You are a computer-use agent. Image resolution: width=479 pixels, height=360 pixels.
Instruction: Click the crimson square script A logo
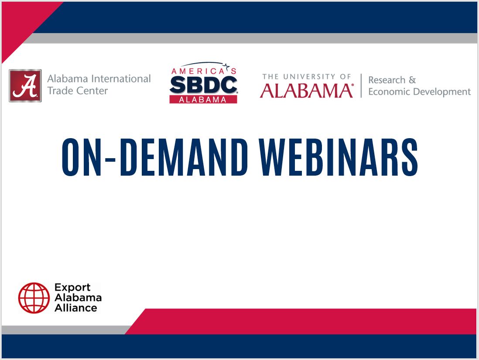[25, 85]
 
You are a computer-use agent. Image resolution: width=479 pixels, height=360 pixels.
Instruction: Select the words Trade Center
[77, 91]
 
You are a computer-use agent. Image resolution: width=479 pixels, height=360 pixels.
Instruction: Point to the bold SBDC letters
[203, 85]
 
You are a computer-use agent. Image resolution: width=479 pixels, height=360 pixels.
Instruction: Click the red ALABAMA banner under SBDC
[203, 99]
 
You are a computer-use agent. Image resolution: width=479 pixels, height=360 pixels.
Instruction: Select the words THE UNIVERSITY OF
[307, 77]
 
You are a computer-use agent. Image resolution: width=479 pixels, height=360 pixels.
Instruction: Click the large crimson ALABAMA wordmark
[306, 91]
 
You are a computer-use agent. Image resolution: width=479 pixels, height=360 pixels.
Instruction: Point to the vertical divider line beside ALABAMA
[361, 85]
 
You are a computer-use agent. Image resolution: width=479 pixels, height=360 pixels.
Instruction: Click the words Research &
[392, 80]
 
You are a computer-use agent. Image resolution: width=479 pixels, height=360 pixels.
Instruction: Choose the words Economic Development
[419, 92]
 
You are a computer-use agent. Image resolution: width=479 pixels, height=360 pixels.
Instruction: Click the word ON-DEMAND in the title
[155, 158]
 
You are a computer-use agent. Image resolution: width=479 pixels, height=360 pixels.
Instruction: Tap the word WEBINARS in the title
[340, 158]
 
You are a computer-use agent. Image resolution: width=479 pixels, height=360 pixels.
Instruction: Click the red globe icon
[34, 298]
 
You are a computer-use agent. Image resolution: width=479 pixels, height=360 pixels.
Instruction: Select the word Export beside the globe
[72, 288]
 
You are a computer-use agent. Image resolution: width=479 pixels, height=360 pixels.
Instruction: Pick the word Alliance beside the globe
[75, 308]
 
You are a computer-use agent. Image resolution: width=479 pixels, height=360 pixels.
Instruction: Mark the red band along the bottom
[305, 321]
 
